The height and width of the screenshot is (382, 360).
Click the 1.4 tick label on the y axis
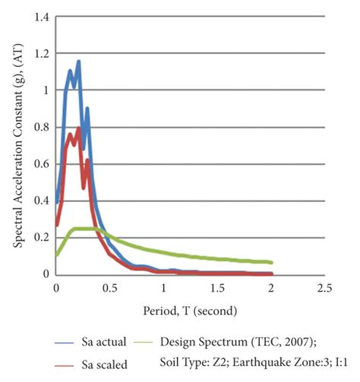pos(40,16)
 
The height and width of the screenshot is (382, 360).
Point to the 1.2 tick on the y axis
pos(40,53)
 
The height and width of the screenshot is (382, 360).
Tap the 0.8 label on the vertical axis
pos(40,127)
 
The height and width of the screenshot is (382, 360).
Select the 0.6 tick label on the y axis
pos(40,164)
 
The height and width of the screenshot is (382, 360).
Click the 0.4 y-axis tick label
pos(40,200)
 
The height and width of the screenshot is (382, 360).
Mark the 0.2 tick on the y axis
pos(40,238)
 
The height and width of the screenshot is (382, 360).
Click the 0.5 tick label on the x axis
pos(110,289)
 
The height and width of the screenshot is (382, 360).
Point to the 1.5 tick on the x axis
pos(217,289)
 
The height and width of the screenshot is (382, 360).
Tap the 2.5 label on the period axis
pos(325,289)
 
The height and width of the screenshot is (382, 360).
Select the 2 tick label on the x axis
pos(272,289)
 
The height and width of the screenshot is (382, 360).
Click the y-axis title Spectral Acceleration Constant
pos(17,144)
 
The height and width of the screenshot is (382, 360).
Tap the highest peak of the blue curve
pos(78,62)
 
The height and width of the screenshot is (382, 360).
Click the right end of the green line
pos(272,262)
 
